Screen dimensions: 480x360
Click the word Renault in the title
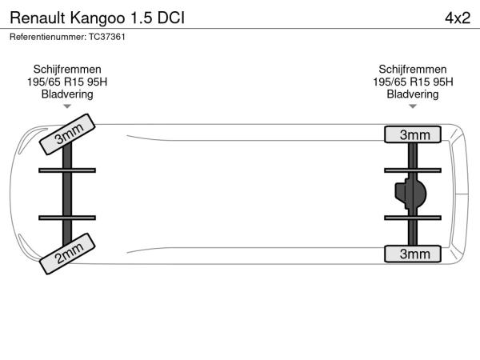[38, 18]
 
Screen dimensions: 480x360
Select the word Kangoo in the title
[98, 19]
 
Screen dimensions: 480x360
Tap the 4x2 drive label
[458, 18]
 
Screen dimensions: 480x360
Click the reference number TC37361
[107, 37]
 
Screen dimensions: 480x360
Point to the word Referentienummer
[48, 37]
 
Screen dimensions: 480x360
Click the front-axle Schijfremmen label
[67, 70]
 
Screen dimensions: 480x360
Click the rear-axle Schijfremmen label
[413, 70]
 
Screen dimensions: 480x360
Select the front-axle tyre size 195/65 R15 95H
[67, 82]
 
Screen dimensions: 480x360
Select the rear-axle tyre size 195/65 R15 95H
[413, 82]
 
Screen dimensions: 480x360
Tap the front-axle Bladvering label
[67, 94]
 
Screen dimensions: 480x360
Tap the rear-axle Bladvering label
[413, 94]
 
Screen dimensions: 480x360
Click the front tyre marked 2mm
[67, 254]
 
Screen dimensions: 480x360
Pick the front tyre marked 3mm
[67, 134]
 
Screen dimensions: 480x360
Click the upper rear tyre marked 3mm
[413, 134]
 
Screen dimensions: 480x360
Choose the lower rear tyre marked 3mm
[413, 254]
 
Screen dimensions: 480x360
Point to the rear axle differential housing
[410, 194]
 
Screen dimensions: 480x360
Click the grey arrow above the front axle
[67, 106]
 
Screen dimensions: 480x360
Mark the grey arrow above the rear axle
[413, 106]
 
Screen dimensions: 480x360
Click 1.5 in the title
[141, 18]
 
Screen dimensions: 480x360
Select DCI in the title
[171, 18]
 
